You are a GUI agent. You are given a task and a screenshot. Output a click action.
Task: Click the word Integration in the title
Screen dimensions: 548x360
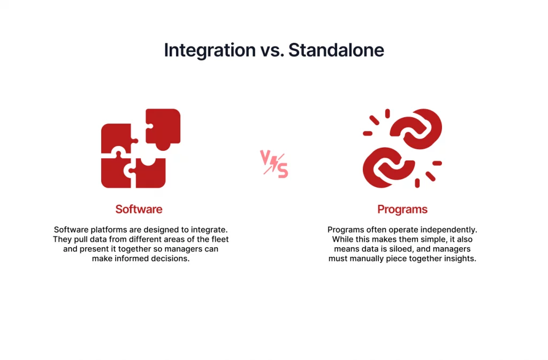[x=210, y=50]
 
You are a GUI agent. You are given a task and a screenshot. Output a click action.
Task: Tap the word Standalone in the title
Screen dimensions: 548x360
[x=336, y=50]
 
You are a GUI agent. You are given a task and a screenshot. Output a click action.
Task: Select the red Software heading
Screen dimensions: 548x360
[x=139, y=209]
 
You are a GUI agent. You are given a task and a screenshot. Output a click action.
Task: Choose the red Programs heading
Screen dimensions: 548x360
[x=402, y=210]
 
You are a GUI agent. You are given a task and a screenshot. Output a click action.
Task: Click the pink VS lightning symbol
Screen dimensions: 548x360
[x=274, y=164]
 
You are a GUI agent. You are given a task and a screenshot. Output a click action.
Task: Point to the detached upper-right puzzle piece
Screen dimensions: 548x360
[x=163, y=127]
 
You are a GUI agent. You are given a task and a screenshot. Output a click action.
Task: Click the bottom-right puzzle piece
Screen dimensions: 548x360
[x=150, y=173]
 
